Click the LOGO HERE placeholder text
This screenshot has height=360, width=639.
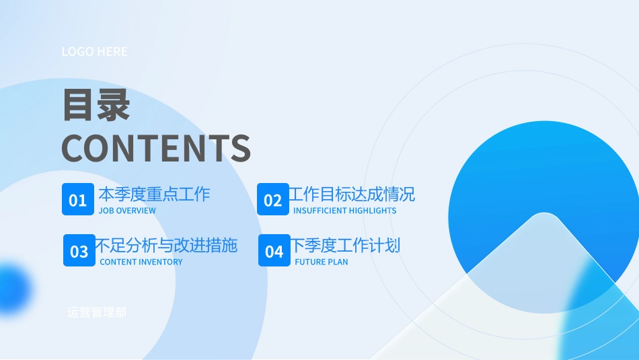click(x=94, y=52)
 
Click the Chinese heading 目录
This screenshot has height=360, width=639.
click(x=96, y=106)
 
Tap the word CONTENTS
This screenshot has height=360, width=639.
click(x=156, y=149)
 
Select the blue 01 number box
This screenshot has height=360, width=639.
click(x=78, y=200)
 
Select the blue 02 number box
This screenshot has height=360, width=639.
click(x=272, y=200)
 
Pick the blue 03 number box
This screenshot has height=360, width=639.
click(x=79, y=251)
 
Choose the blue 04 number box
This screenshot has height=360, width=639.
click(x=274, y=251)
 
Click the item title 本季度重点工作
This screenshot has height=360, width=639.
click(x=154, y=194)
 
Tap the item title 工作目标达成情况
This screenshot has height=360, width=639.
click(x=352, y=194)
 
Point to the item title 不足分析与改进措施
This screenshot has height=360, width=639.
click(x=166, y=245)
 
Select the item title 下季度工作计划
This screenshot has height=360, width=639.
click(x=345, y=245)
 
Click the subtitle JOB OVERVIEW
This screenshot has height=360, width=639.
click(x=126, y=211)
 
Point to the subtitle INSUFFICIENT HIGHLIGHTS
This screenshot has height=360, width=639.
click(x=344, y=211)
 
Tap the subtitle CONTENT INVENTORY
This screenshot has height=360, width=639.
click(x=141, y=262)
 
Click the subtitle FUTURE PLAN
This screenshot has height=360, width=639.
click(x=322, y=262)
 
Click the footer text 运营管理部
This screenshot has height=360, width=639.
click(x=96, y=312)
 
